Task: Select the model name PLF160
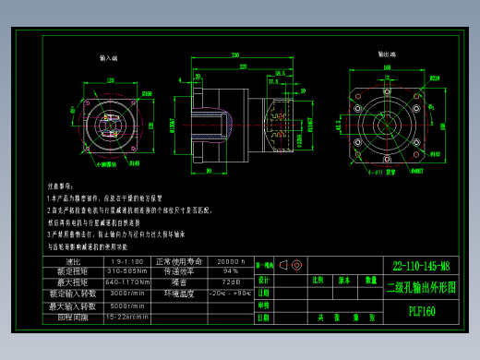(421, 311)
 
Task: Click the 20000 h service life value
(230, 261)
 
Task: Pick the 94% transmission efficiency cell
(230, 271)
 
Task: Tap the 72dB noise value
(230, 282)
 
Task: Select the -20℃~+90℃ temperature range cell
(230, 294)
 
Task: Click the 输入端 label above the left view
(109, 57)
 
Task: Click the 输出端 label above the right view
(386, 54)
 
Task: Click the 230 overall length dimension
(236, 55)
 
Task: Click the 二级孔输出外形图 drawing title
(421, 287)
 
